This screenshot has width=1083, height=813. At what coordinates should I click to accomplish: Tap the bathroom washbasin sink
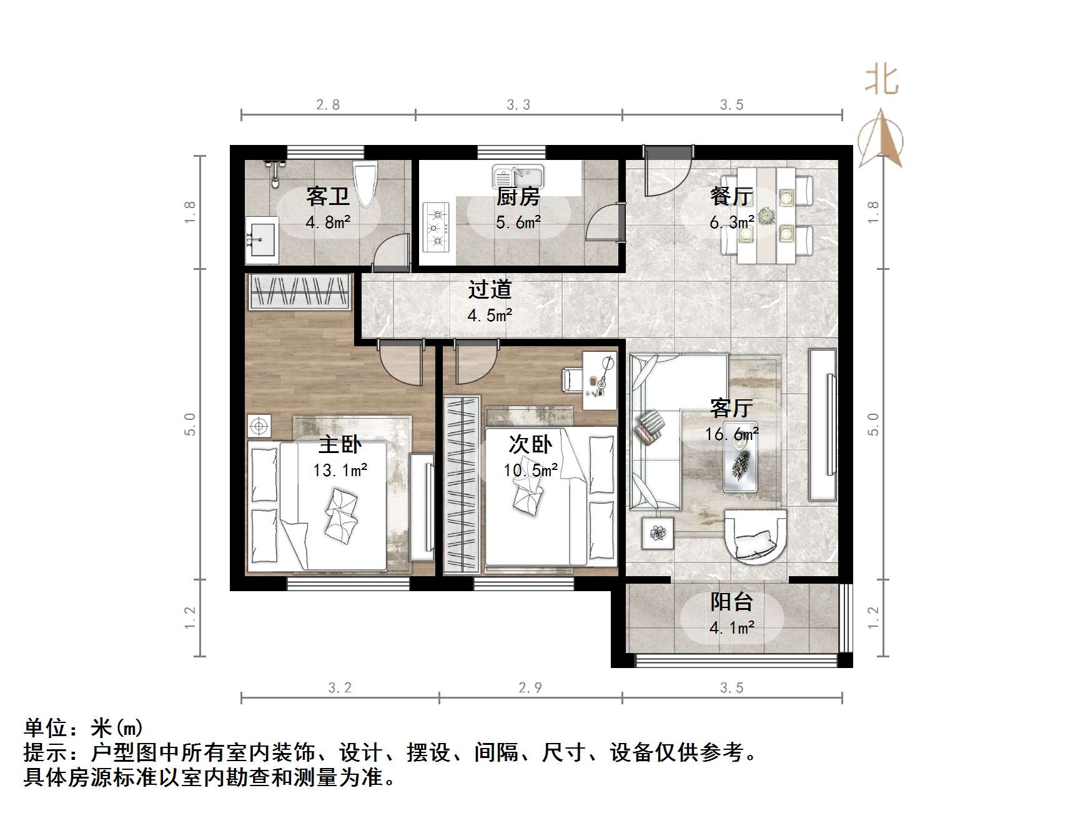pos(262,240)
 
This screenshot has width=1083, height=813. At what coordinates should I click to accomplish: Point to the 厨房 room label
pos(518,197)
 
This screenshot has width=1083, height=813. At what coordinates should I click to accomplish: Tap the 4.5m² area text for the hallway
pos(490,315)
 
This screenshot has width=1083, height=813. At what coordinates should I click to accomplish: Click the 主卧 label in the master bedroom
pos(340,445)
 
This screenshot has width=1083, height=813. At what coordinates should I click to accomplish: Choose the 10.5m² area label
pos(531,470)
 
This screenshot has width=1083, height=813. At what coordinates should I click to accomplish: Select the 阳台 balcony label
pos(731,602)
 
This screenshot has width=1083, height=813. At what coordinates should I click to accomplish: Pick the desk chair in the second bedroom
pos(572,379)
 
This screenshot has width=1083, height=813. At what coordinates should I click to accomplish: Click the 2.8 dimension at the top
pos(328,105)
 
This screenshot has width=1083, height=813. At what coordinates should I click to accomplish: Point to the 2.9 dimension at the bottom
pos(530,688)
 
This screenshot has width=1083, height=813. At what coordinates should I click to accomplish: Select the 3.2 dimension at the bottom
pos(340,688)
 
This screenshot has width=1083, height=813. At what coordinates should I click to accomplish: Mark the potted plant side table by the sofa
pos(658,533)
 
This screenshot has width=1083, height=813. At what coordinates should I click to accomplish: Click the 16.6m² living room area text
pos(731,434)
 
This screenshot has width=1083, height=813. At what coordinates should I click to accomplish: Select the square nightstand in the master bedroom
pos(259,426)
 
